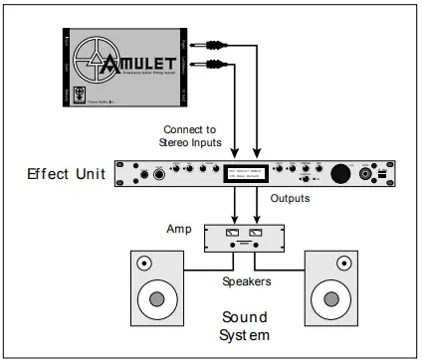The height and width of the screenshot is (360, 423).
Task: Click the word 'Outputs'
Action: point(291,197)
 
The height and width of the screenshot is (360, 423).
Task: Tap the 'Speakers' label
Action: point(244,281)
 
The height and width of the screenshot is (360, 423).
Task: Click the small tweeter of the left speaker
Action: point(144,265)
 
